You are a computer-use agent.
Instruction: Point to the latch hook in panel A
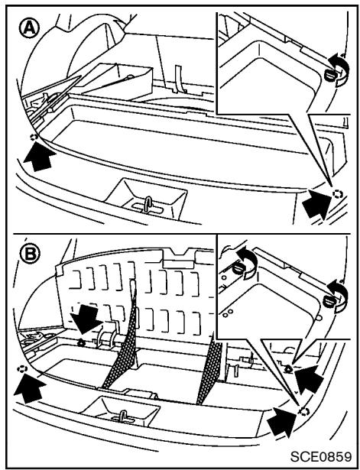click(144, 205)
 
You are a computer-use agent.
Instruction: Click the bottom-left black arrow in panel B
click(35, 389)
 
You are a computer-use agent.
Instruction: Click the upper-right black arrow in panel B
click(309, 374)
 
